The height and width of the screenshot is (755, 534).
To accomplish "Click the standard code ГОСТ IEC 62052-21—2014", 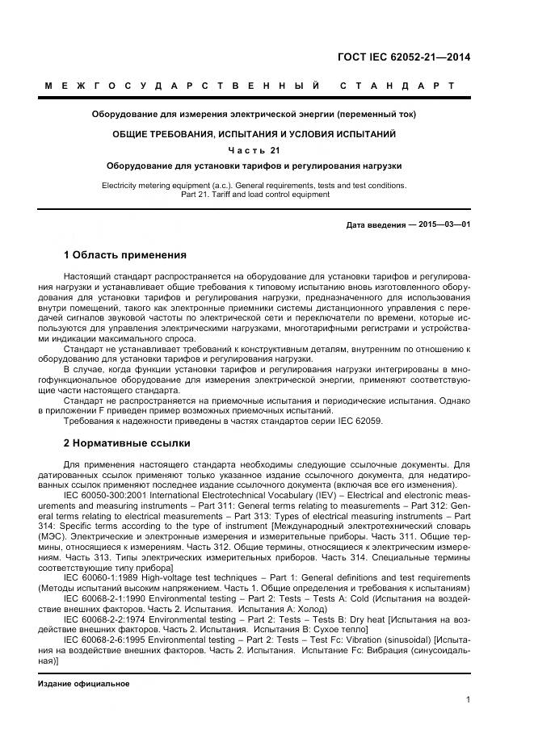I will click(403, 57).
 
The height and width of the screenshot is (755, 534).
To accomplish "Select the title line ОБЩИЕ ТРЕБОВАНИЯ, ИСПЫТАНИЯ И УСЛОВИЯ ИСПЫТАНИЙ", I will click(254, 134).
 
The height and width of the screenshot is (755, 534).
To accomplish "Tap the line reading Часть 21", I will click(254, 150).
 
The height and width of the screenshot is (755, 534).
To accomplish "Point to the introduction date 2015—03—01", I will click(444, 224).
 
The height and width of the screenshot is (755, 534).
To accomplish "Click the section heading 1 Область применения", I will click(124, 255).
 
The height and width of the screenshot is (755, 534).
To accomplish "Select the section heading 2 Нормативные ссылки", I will click(127, 443).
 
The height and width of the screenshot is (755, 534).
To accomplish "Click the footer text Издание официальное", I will click(84, 684).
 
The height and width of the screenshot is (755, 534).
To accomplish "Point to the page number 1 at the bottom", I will click(468, 699).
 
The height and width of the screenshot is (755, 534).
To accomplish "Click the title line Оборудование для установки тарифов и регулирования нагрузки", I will click(254, 166).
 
